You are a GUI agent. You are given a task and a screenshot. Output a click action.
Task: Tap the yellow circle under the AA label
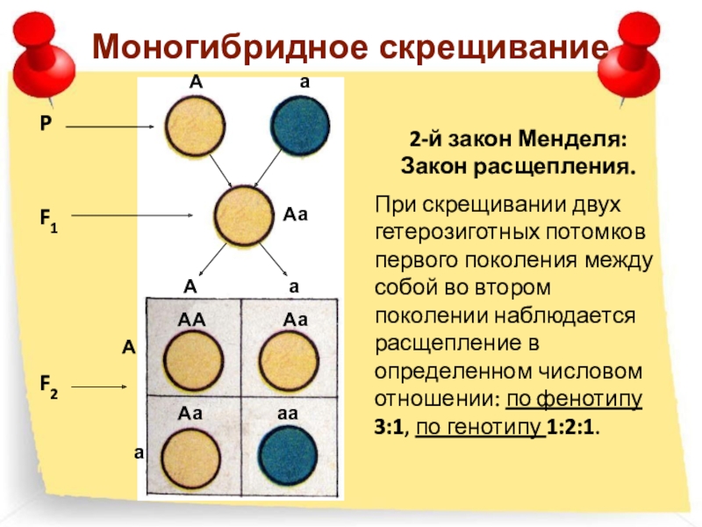(x=193, y=361)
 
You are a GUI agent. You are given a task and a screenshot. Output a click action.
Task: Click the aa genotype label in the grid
(x=290, y=411)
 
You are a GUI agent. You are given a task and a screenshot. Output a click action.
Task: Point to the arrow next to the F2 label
(x=110, y=385)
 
